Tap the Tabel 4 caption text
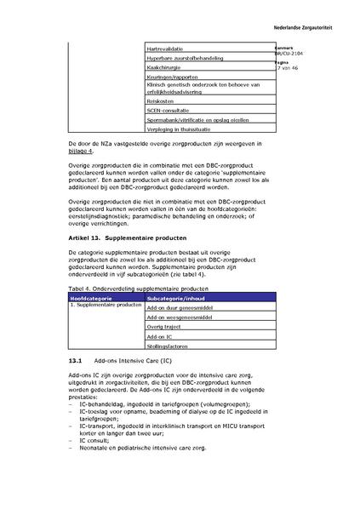136,289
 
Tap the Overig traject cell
164,327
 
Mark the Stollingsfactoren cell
168,346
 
